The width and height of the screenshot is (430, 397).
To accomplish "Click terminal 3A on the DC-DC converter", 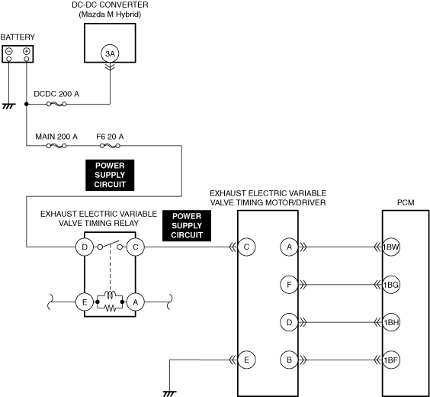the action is click(110, 53).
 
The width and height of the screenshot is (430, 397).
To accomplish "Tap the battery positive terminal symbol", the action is click(27, 51).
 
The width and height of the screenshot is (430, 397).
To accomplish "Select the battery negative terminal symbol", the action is click(9, 51).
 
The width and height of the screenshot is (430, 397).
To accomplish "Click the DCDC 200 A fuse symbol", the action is click(56, 104).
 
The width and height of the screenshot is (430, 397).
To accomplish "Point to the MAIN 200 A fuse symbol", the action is click(56, 146).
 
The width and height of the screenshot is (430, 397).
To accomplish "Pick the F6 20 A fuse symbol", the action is click(110, 146).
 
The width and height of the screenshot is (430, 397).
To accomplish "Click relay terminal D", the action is click(85, 247).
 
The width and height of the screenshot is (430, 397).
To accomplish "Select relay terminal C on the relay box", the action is click(136, 247).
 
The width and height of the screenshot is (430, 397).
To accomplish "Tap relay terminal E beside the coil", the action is click(85, 302).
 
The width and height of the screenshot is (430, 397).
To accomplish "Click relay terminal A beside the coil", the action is click(136, 302).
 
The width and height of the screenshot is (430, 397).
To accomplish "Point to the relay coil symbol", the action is click(111, 295).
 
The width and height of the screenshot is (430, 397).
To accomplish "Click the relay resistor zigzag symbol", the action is click(111, 308).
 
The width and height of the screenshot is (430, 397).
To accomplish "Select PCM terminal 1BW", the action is click(391, 247).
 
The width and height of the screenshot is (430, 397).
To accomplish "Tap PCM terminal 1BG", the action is click(391, 285).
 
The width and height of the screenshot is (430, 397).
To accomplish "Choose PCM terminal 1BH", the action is click(391, 322).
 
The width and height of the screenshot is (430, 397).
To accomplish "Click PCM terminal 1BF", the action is click(391, 360).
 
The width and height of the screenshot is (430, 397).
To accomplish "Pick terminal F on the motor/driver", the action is click(289, 285).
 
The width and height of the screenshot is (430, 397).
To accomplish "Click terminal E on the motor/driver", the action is click(246, 360).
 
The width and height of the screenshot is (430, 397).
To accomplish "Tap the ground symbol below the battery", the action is click(8, 106).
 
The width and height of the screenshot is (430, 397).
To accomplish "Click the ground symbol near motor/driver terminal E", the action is click(170, 394).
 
